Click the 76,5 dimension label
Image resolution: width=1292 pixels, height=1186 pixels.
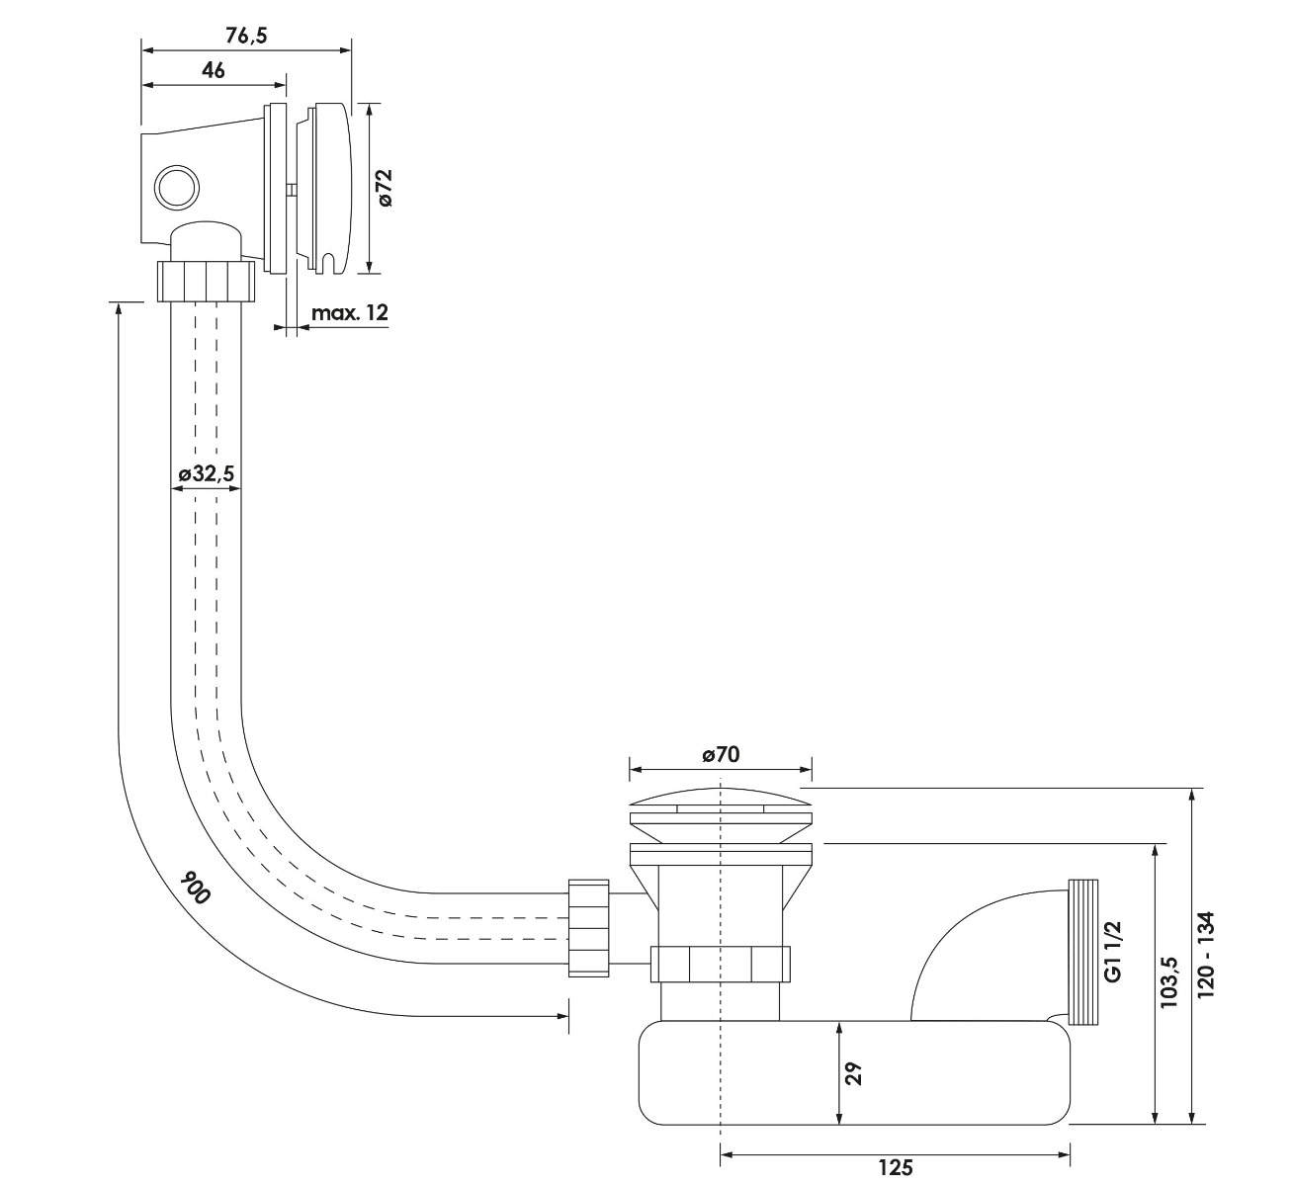pyautogui.click(x=246, y=36)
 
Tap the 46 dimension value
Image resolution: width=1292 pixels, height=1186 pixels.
pyautogui.click(x=214, y=69)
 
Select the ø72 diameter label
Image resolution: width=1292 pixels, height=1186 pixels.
pyautogui.click(x=385, y=188)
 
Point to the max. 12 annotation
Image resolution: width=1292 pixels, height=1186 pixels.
pyautogui.click(x=350, y=313)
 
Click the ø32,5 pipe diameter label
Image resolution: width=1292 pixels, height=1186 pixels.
pyautogui.click(x=206, y=473)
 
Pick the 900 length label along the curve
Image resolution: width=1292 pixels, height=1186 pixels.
pyautogui.click(x=195, y=888)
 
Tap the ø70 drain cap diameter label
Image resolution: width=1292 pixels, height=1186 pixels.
pyautogui.click(x=721, y=754)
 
